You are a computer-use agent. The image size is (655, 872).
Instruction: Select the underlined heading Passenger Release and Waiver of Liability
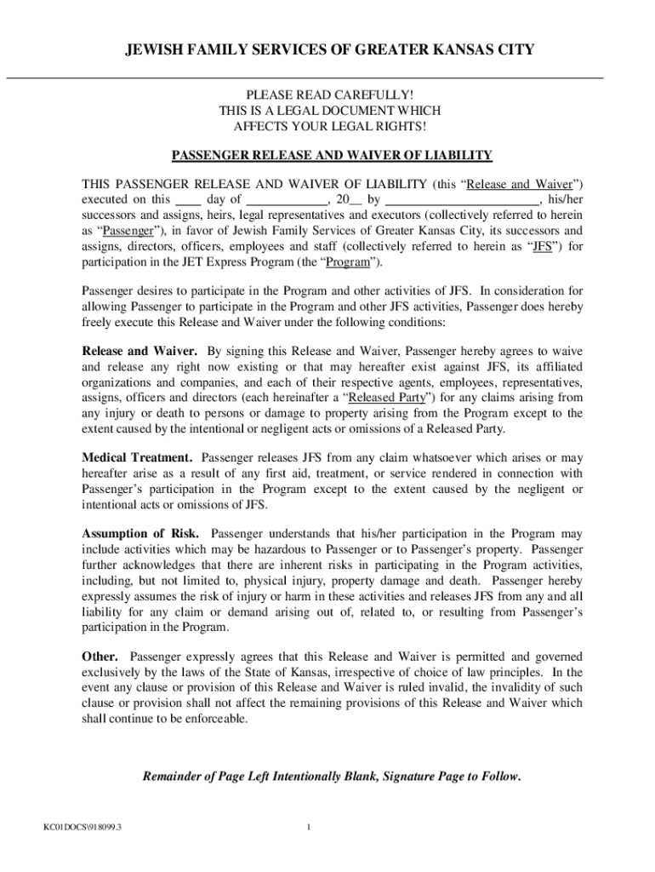pyautogui.click(x=332, y=156)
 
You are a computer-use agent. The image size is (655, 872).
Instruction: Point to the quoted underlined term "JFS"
pyautogui.click(x=543, y=247)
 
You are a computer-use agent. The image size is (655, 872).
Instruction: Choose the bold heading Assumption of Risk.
pyautogui.click(x=140, y=535)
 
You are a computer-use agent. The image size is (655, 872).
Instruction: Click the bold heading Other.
pyautogui.click(x=100, y=657)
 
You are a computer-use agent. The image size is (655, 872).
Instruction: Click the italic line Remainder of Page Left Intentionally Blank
pyautogui.click(x=332, y=777)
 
